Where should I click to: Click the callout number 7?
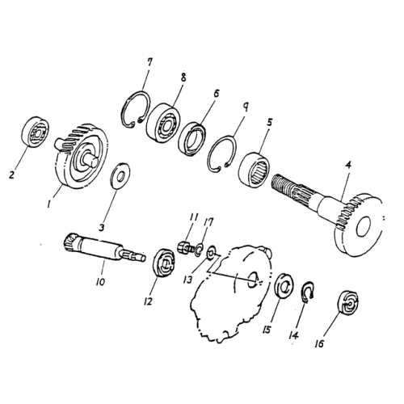tap(148, 64)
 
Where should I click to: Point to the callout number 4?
tap(347, 166)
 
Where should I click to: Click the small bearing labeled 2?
tap(35, 133)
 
